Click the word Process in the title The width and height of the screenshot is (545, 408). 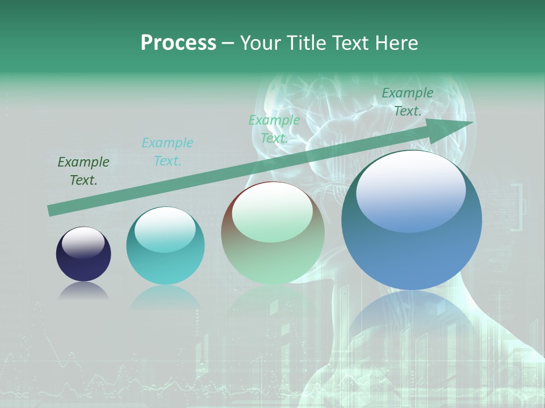click(178, 43)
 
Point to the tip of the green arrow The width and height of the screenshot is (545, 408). click(472, 123)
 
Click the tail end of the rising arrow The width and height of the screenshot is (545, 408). click(50, 210)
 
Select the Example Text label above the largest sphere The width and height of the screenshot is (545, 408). click(407, 102)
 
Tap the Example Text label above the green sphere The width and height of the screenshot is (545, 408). click(274, 129)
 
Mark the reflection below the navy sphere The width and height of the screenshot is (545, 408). click(83, 291)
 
